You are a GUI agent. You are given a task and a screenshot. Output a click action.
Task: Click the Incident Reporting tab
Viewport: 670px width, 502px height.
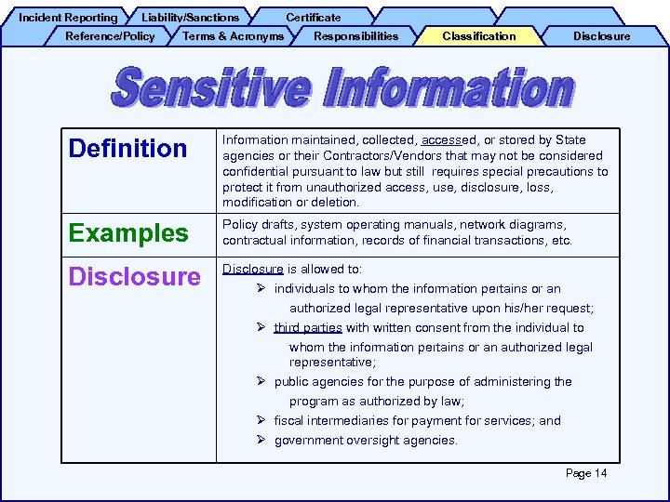point(68,17)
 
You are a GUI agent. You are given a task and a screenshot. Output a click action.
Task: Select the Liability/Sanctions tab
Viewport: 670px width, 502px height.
point(190,17)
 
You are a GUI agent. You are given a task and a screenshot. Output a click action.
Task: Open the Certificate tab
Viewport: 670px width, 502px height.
point(313,17)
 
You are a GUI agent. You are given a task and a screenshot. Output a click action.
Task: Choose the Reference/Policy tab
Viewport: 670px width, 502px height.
point(110,36)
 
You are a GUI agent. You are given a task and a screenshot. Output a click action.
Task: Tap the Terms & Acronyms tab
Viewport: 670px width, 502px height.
point(234,36)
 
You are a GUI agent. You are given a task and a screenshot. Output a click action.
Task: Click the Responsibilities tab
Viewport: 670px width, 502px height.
point(355,36)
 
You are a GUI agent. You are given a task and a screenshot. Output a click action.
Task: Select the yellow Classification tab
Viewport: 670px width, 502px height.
point(478,36)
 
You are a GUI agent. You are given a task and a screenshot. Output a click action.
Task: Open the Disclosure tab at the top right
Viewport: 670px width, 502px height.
point(601,36)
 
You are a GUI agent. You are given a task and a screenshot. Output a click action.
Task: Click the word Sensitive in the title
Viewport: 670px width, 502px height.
point(211,89)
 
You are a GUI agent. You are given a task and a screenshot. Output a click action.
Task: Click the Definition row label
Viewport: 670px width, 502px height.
point(128,149)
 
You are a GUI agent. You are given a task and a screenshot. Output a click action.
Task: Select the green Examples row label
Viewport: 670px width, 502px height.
point(128,233)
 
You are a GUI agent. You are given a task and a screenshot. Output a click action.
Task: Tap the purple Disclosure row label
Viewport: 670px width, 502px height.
point(135,277)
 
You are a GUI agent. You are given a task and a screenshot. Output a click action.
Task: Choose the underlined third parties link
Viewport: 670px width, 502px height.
point(308,328)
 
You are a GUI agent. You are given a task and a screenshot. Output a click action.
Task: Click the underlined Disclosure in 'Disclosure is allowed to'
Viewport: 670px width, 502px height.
point(252,270)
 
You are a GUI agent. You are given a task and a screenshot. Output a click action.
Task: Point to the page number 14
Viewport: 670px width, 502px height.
point(586,473)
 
